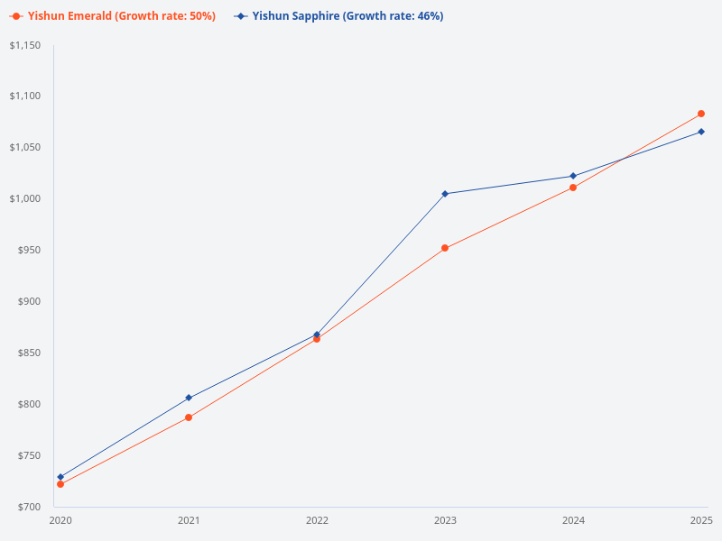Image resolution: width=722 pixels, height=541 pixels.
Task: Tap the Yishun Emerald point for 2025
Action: coord(701,114)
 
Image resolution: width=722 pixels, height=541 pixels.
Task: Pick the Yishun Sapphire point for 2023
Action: coord(445,194)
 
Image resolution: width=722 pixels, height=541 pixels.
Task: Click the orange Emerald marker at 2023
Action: coord(445,248)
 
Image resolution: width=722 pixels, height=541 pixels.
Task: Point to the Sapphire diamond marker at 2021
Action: coord(189,398)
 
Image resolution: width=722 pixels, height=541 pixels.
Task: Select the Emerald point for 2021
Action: coord(189,417)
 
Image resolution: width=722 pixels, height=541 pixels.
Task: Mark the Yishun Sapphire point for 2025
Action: coord(701,132)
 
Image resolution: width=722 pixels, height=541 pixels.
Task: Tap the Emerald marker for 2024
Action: coord(573,188)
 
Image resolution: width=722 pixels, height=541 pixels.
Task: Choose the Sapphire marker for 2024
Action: coord(573,176)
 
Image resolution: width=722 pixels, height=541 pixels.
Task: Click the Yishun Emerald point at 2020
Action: coord(60,484)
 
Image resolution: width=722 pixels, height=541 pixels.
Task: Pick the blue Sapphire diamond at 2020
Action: coord(60,477)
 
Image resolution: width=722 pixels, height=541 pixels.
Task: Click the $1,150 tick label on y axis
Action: coord(25,45)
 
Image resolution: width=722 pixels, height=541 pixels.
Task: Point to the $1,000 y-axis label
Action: coord(25,199)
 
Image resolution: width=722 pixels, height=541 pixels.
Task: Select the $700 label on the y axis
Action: coord(30,507)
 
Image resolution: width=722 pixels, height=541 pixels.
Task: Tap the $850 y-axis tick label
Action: coord(30,353)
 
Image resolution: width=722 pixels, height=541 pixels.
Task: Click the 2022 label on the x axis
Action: coord(317,521)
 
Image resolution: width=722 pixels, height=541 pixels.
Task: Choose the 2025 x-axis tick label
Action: coord(701,521)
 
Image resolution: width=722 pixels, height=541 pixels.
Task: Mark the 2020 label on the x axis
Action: coord(60,521)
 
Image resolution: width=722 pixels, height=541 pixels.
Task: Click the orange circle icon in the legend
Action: coord(16,16)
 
